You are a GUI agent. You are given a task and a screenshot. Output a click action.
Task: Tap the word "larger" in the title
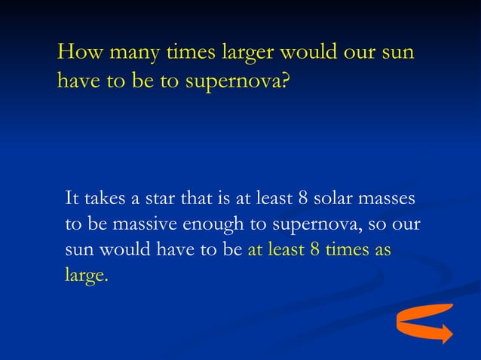coord(247,56)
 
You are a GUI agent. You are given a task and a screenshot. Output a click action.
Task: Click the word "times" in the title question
coord(188,54)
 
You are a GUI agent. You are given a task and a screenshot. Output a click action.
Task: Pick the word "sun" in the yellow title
coord(397,56)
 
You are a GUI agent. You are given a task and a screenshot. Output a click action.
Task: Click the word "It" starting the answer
coord(72,199)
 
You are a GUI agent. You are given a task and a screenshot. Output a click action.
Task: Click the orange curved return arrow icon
coord(424,323)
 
